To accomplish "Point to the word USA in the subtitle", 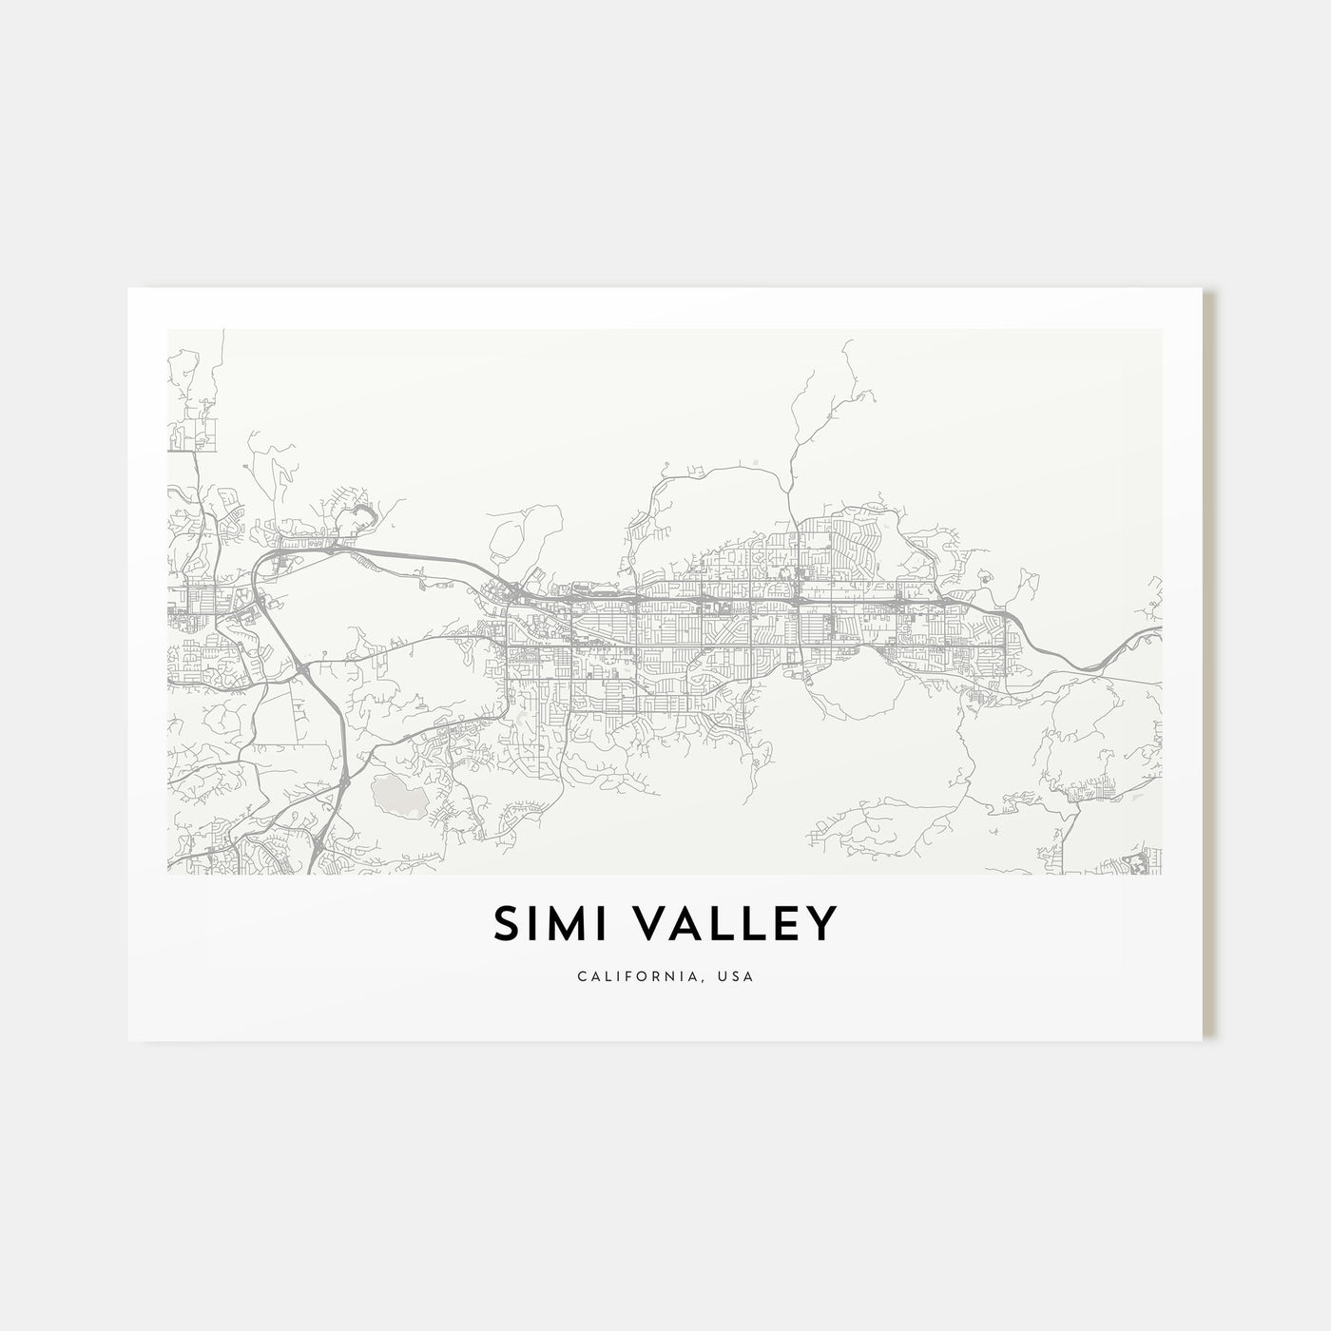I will point(738,976).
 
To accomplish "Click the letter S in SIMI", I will point(506,924).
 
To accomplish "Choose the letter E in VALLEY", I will point(783,924).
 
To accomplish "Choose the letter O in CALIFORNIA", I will point(646,976).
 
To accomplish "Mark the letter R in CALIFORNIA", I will point(662,976).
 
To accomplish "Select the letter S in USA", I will point(738,976).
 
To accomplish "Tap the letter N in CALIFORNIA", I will point(677,976).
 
